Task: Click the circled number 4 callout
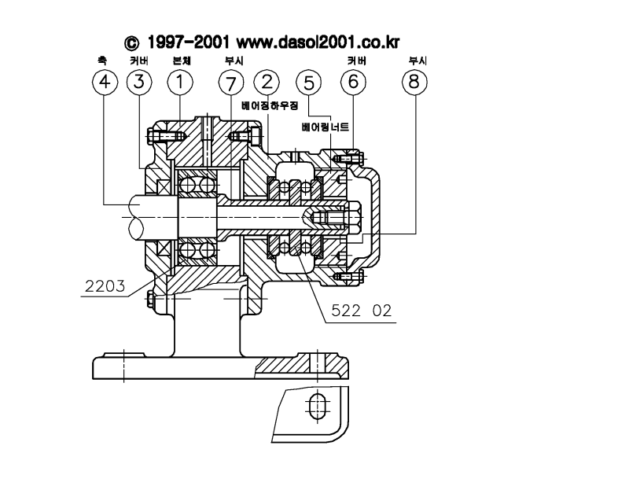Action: click(x=105, y=83)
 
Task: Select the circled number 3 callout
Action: click(x=139, y=83)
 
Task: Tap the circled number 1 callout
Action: click(x=180, y=83)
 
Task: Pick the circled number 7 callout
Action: click(x=231, y=83)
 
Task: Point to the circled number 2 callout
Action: click(x=267, y=83)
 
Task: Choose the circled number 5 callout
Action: click(x=308, y=83)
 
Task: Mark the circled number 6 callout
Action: click(x=353, y=83)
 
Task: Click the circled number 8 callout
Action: click(x=414, y=83)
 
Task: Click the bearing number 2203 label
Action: click(x=105, y=286)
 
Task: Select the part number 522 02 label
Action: click(x=361, y=311)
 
